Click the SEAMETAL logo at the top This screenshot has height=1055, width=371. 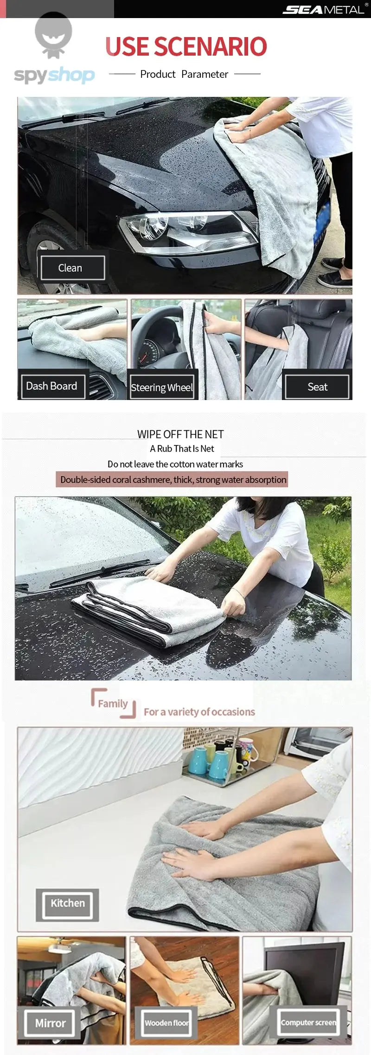[x=324, y=9]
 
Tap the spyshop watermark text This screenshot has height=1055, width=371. [x=54, y=75]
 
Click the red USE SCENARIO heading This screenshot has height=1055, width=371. [x=186, y=46]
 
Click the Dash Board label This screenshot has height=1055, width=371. [x=51, y=386]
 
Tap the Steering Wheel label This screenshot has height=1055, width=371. [x=162, y=387]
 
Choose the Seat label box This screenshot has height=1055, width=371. [x=317, y=387]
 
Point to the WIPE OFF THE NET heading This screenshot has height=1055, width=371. [x=180, y=434]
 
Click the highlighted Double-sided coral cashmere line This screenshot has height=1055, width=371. [x=173, y=479]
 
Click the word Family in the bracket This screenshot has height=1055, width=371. [x=113, y=703]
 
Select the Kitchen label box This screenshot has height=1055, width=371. [x=68, y=903]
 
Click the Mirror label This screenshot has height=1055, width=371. [x=50, y=1023]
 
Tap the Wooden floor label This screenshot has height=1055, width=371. [x=166, y=1023]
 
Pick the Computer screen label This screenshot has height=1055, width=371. [x=309, y=1022]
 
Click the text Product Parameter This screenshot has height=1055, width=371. [x=184, y=74]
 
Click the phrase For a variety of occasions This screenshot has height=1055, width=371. [x=199, y=712]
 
